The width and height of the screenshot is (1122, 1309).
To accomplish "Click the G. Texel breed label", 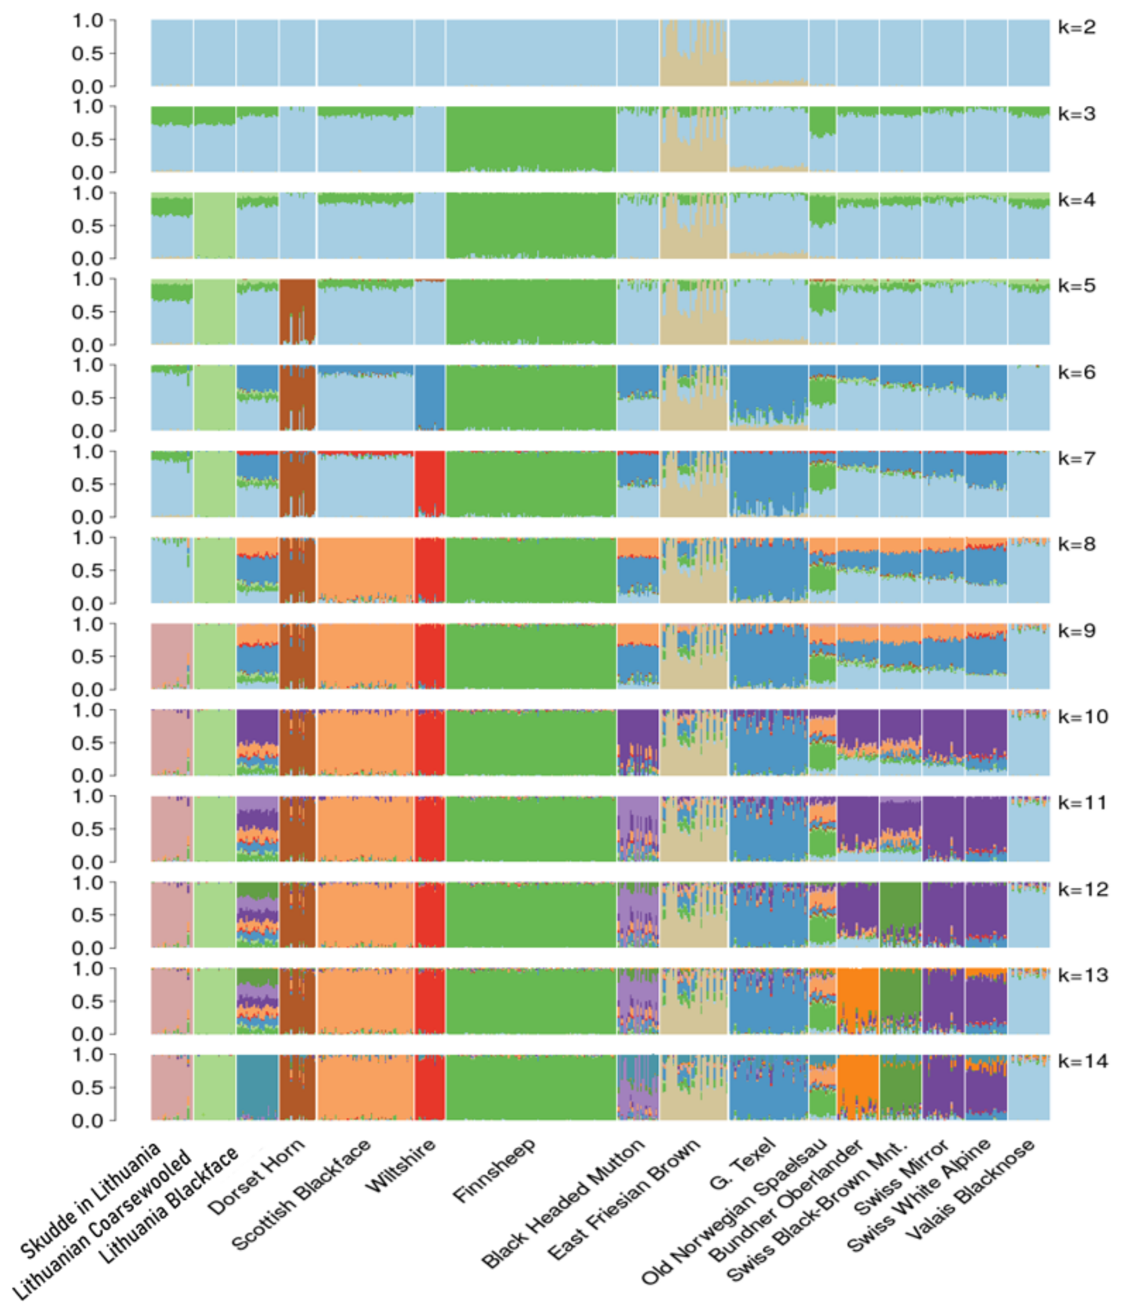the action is click(x=741, y=1164).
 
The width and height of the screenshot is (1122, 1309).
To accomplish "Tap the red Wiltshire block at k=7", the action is click(x=430, y=484).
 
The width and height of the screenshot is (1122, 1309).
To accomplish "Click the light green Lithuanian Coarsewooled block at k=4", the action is click(x=215, y=225).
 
